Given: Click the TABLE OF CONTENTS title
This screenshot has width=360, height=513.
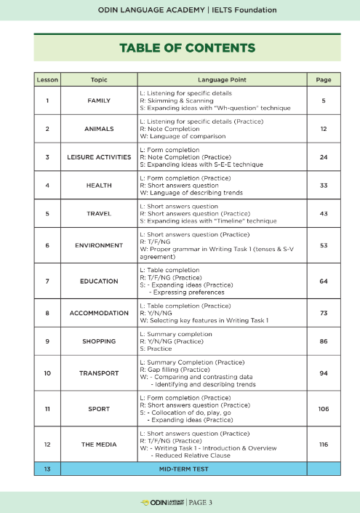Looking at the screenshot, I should tap(187, 48).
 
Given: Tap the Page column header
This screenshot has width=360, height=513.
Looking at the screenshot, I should tap(324, 78).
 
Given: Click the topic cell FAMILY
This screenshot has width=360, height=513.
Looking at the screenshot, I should tap(99, 100).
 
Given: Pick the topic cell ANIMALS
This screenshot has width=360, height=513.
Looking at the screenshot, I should tap(99, 128).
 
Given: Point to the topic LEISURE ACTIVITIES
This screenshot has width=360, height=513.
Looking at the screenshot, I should tap(99, 156).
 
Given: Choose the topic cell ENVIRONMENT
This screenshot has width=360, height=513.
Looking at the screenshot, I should tap(99, 245).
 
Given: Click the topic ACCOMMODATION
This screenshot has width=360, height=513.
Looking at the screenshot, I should tap(99, 313).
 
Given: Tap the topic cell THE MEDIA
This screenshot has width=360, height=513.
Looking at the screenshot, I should tap(99, 443).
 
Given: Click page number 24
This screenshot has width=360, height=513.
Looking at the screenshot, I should tap(324, 156).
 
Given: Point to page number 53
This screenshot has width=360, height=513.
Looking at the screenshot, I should tap(324, 245).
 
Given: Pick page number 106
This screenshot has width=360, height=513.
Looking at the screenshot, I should tap(324, 409).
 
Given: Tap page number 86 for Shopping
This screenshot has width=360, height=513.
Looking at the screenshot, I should tap(324, 341).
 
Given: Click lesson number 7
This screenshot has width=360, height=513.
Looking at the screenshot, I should tap(47, 280).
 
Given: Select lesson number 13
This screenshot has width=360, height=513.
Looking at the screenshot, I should tap(47, 469).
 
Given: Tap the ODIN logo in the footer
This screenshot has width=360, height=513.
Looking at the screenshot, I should tap(161, 502).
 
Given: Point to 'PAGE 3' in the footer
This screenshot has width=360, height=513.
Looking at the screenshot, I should tap(201, 502).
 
